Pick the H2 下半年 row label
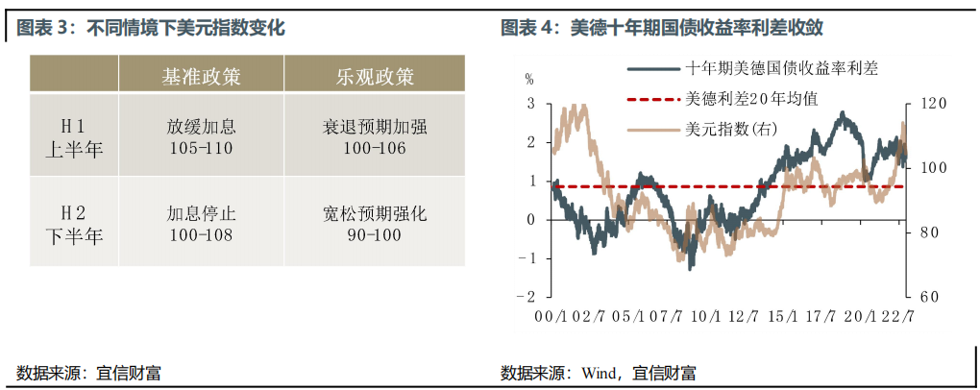click(x=74, y=224)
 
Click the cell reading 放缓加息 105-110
click(x=201, y=137)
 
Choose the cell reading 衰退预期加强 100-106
click(x=374, y=137)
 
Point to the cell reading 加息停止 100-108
click(x=201, y=224)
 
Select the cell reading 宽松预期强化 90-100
click(x=374, y=224)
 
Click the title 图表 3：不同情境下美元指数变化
click(x=151, y=28)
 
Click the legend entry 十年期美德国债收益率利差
click(x=753, y=69)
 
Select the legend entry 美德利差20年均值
click(x=723, y=99)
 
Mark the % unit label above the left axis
click(x=530, y=80)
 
